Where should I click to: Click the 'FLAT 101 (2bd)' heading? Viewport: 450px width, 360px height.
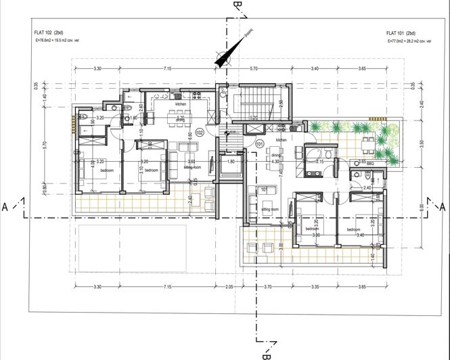point(401,32)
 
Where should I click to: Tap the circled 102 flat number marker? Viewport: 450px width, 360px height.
point(200,133)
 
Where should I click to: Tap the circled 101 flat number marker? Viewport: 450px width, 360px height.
point(259,143)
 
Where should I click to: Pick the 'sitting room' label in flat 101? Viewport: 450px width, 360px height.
point(271,210)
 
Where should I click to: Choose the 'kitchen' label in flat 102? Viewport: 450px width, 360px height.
point(181,105)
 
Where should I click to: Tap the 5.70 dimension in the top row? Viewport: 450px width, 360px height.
point(253,68)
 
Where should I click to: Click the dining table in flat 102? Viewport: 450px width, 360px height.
point(181,126)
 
